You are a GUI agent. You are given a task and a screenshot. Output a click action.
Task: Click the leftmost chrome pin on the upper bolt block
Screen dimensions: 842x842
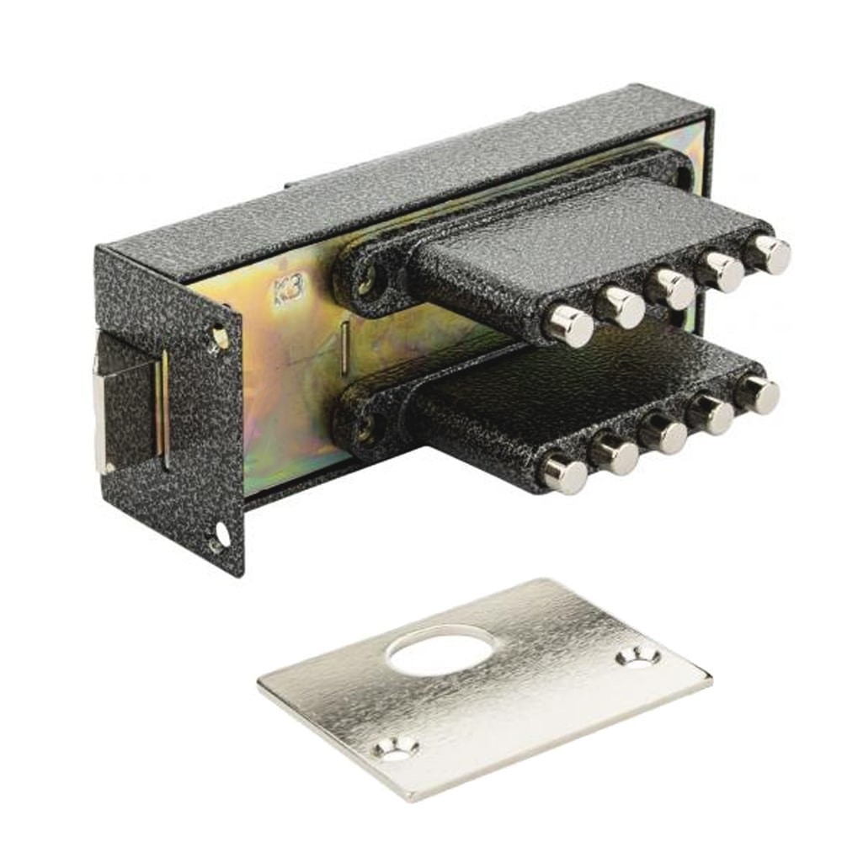point(569,325)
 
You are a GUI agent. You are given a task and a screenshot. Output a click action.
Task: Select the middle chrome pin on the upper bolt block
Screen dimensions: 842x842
point(671,288)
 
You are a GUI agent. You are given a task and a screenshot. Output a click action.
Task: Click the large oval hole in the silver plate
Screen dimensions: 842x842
point(440,650)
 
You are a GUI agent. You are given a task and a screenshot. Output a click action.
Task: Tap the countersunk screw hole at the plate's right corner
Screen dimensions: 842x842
point(639,656)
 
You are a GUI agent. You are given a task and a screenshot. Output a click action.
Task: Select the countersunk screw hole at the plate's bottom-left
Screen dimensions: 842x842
point(397,749)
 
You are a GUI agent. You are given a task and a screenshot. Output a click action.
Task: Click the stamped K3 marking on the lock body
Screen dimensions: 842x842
point(290,290)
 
